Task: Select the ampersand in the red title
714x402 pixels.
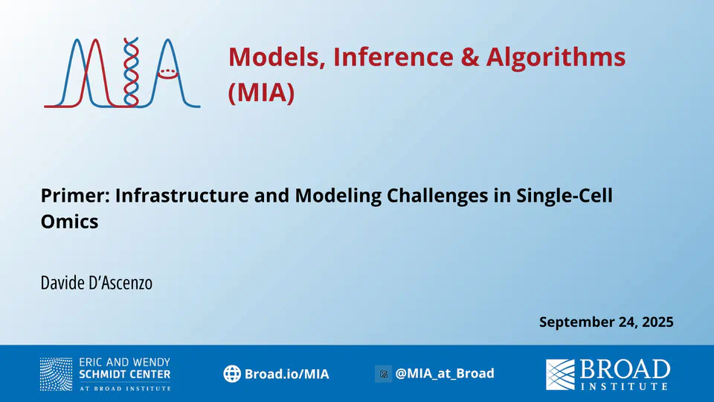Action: pos(469,57)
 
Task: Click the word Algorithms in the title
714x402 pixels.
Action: pos(556,58)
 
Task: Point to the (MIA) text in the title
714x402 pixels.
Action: pos(261,92)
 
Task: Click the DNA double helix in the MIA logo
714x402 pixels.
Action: pos(131,72)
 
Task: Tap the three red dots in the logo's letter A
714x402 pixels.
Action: pos(167,71)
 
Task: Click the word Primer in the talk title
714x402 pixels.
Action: pos(76,196)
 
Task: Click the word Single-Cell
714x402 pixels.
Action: pos(565,196)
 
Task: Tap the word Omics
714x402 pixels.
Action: pos(69,222)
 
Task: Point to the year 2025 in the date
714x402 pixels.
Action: pos(657,322)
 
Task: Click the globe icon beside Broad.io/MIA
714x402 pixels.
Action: pos(232,374)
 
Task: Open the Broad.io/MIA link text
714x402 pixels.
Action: pos(286,374)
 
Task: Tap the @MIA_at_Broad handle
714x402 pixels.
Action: pos(445,373)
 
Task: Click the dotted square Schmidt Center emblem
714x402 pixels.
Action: pos(56,374)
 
